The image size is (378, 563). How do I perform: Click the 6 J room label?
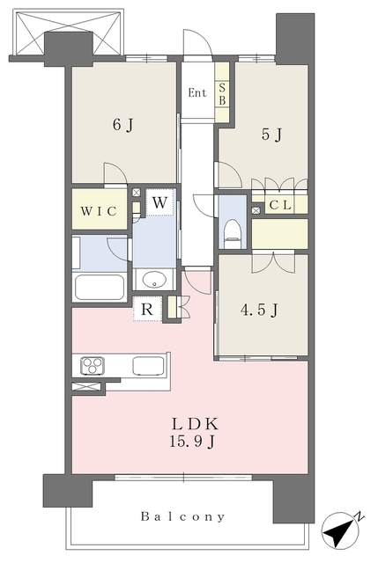click(123, 125)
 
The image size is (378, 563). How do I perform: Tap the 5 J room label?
click(271, 135)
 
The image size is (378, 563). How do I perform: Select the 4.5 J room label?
click(259, 310)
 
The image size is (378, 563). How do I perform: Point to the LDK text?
click(194, 424)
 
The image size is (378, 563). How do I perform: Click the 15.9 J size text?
click(192, 442)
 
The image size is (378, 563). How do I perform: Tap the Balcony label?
click(182, 516)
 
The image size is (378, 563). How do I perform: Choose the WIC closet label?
click(99, 211)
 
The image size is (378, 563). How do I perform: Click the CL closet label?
click(280, 205)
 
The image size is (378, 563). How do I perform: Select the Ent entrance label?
click(197, 93)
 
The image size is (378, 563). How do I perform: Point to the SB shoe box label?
click(222, 94)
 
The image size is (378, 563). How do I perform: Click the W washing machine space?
click(159, 202)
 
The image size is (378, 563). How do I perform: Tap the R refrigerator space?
click(147, 309)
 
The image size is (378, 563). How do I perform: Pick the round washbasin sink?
click(154, 279)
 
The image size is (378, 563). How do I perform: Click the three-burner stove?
click(93, 366)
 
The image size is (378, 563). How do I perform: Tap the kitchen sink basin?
click(148, 366)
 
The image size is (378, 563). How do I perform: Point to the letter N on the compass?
click(359, 517)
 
